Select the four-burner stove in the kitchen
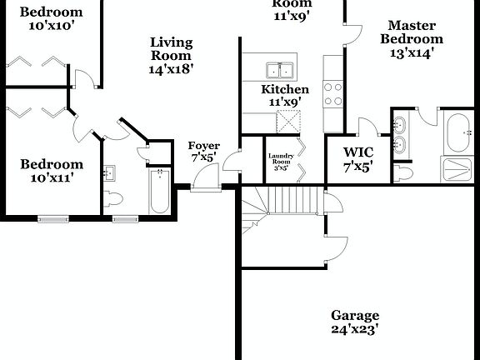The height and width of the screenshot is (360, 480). [x=333, y=92]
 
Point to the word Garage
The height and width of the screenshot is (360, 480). [x=355, y=316]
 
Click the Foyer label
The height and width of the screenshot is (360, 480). [x=204, y=147]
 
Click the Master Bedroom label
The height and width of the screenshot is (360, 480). [x=412, y=32]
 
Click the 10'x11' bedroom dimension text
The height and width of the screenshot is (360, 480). [x=52, y=177]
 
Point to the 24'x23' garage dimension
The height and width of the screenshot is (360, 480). [x=355, y=329]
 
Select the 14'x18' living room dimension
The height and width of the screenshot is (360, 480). [x=171, y=69]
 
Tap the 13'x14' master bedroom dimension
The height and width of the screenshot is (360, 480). [x=412, y=52]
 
